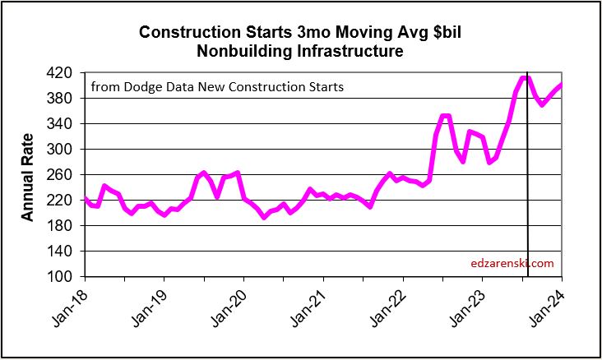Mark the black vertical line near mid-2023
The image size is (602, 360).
pos(527,205)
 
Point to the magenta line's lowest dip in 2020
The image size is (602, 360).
pos(264,217)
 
